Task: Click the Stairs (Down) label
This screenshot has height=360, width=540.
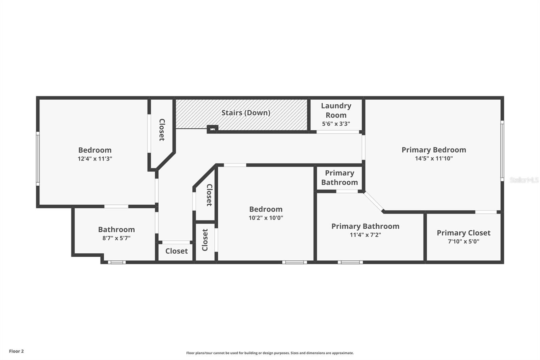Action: [246, 113]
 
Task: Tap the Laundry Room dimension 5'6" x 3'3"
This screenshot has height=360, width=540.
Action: [336, 124]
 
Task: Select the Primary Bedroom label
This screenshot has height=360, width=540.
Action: [434, 150]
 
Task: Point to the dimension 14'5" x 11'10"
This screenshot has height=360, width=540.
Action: [434, 158]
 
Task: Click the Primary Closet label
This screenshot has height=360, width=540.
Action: [463, 233]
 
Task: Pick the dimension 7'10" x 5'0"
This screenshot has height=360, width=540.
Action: [463, 241]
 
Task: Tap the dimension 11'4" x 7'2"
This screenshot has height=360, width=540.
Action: [365, 235]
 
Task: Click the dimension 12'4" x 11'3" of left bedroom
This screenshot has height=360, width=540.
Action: [95, 159]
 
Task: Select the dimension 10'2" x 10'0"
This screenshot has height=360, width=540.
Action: [266, 218]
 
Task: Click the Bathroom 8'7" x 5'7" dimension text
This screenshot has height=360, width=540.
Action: [116, 238]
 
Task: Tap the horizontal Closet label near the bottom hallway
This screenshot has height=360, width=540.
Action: [177, 251]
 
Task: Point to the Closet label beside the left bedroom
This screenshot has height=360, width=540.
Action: [162, 130]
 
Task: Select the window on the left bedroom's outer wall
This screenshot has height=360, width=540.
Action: [38, 159]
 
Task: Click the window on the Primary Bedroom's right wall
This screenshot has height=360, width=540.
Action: [502, 151]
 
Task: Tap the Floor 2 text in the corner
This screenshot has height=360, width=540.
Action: [16, 351]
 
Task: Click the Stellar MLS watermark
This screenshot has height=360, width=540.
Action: [524, 180]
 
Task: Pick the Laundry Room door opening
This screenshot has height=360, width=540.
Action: [337, 132]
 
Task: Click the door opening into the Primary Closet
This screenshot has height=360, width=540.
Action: [486, 212]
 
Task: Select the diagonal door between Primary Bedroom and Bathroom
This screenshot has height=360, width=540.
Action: [374, 202]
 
